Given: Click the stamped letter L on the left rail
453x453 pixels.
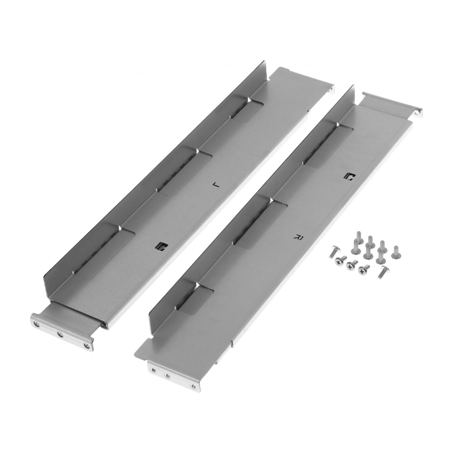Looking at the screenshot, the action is pos(216,184).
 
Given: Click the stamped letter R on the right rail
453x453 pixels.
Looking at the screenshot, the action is pos(298,237).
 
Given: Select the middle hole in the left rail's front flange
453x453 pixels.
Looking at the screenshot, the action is pos(60,335).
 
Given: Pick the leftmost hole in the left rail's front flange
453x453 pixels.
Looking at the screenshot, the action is pos(36,324).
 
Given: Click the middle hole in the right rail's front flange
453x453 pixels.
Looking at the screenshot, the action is pos(167,376).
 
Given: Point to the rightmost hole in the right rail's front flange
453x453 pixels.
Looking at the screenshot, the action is pos(193,386).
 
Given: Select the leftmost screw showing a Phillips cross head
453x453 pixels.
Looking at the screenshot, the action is pos(338,262).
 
